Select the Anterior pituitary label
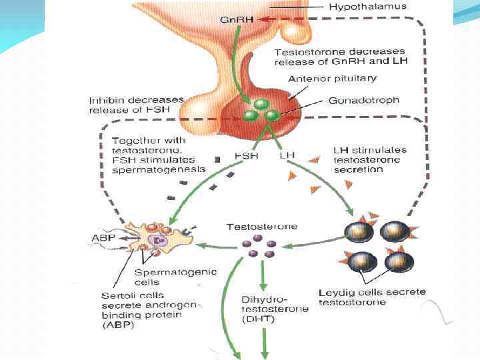(x=332, y=79)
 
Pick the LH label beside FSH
(x=287, y=155)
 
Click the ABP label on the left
(x=103, y=238)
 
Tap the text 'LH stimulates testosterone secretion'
(x=369, y=160)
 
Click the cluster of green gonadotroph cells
(x=260, y=111)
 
